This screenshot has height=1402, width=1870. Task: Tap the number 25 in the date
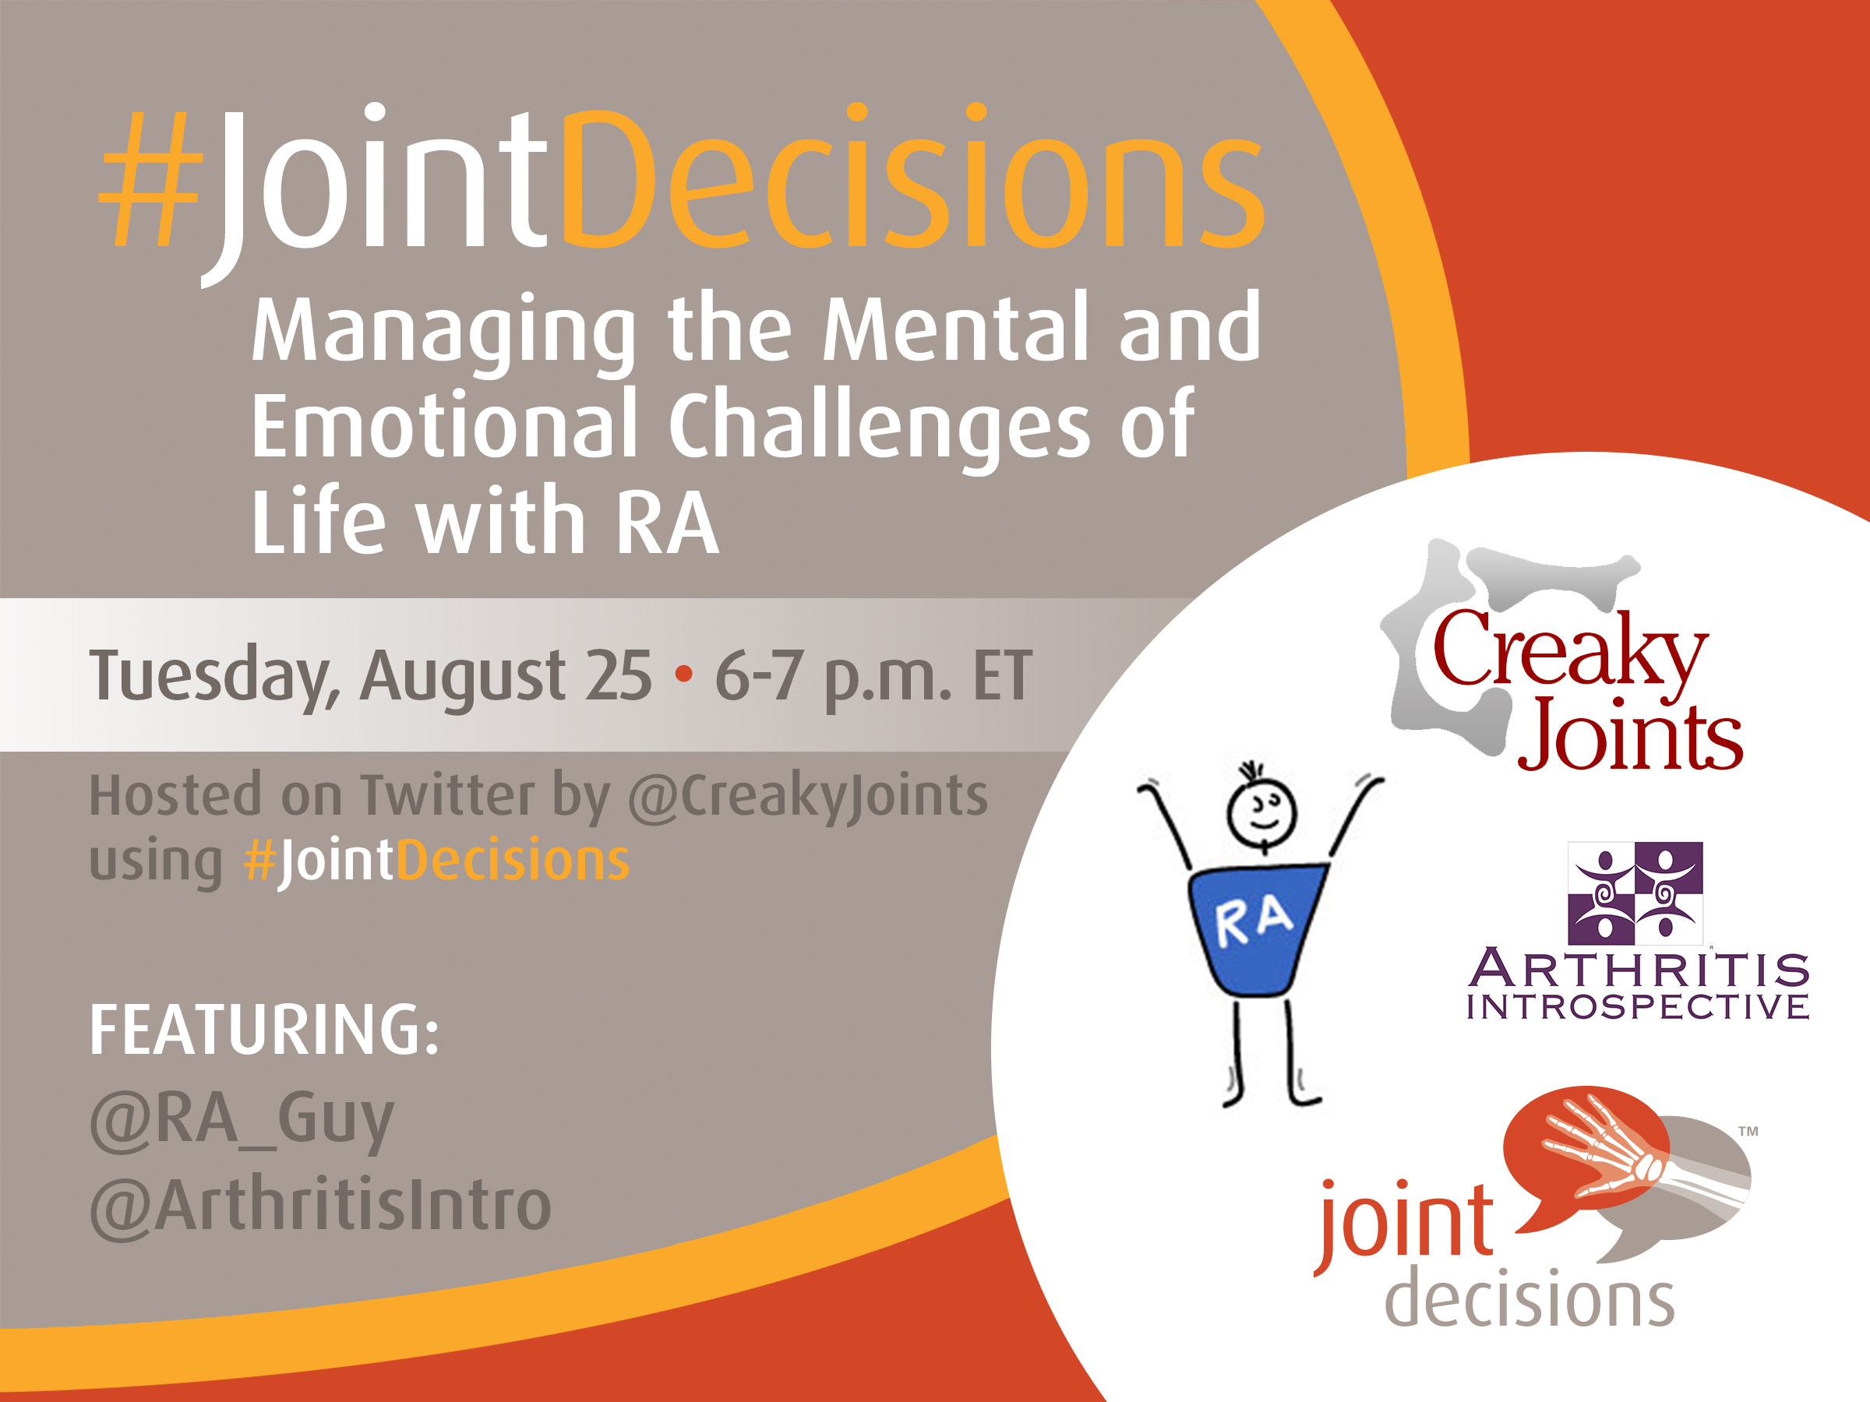coord(619,676)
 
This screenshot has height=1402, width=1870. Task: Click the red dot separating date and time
coord(684,675)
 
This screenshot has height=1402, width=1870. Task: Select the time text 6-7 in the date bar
coord(759,676)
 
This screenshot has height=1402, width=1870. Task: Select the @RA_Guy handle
coord(242,1120)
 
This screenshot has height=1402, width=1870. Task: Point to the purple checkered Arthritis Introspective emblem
coord(1635,893)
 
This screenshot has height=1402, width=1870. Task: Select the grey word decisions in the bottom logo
coord(1530,1297)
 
